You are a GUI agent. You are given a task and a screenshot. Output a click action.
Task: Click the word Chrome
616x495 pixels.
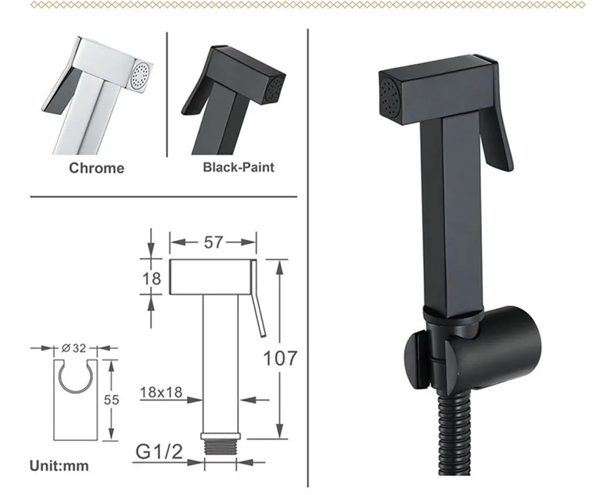coord(97,167)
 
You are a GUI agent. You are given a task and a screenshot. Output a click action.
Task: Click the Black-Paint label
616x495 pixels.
coord(238,166)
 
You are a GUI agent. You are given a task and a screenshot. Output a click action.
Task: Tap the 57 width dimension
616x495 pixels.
coord(213,242)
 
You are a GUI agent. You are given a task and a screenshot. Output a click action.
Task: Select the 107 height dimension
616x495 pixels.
coord(281,357)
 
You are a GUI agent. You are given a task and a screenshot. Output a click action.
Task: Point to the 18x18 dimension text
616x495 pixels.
coord(161,392)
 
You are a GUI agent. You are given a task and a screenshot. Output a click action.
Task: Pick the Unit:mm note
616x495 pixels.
coord(59,465)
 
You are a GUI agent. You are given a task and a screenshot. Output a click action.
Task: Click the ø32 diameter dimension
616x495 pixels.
coord(75,348)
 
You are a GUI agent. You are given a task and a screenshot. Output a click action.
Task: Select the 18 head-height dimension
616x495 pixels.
coord(153,278)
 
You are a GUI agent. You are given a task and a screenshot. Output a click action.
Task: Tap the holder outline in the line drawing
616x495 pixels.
coord(75,400)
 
